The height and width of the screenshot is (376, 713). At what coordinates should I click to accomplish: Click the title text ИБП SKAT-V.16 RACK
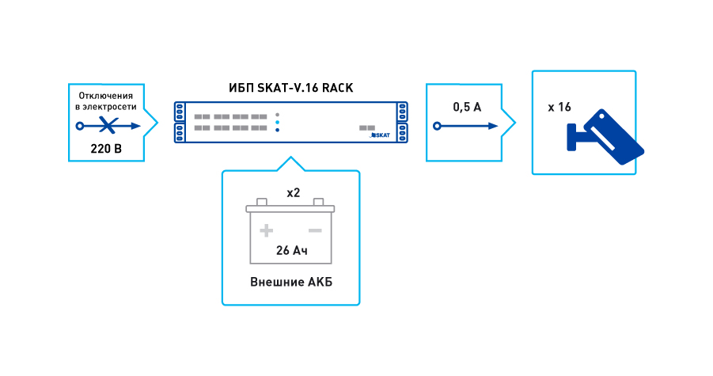[290, 86]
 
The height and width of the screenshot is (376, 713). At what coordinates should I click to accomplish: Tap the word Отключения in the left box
[105, 95]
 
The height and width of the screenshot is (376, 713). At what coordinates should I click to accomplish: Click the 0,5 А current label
[466, 107]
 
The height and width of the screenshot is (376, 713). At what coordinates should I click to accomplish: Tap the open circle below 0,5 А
[435, 126]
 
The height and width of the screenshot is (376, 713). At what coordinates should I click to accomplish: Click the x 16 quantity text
[559, 107]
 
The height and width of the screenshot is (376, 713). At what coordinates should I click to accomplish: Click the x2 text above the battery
[291, 192]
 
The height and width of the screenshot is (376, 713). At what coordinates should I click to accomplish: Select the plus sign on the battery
[267, 230]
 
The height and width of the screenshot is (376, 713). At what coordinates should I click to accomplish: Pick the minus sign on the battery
[314, 230]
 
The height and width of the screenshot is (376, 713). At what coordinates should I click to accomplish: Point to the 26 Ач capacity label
[290, 251]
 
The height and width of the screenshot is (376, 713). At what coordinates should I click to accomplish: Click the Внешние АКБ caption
[290, 282]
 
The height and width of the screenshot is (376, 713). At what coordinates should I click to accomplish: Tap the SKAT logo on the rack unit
[381, 135]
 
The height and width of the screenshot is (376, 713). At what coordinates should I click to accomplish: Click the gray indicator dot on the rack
[277, 116]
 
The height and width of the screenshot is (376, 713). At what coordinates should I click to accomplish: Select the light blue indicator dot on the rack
[277, 123]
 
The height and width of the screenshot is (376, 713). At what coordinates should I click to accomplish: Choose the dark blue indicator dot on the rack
[277, 130]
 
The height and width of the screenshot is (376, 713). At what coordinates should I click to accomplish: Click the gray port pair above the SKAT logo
[366, 127]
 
